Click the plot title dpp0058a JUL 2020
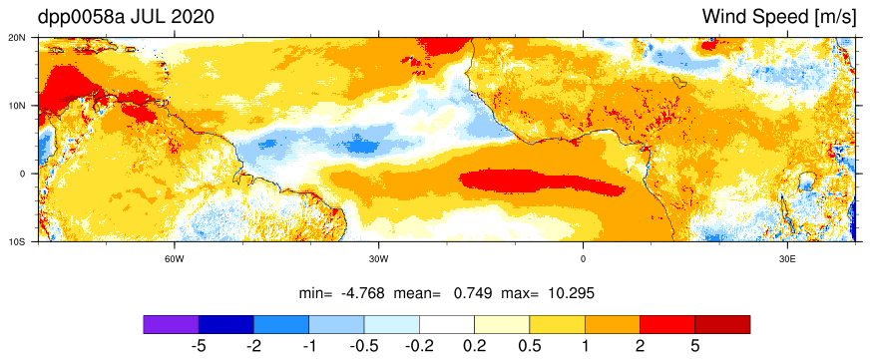click(126, 17)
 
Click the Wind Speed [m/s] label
click(779, 17)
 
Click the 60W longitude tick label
click(175, 259)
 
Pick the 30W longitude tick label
click(379, 259)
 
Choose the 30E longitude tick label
click(787, 259)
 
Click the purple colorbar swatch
click(171, 324)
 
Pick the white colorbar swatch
click(447, 324)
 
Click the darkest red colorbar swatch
click(722, 324)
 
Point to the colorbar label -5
click(199, 347)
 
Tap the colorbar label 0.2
click(474, 347)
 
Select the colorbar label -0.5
click(364, 347)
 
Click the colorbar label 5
click(695, 347)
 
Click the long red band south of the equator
click(542, 182)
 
